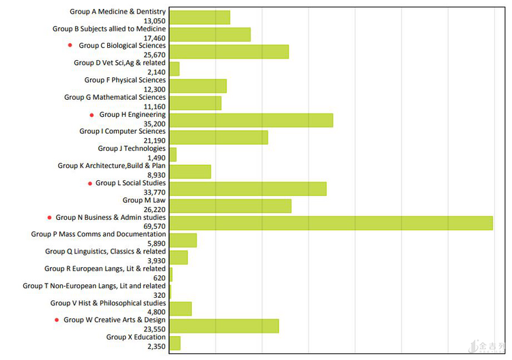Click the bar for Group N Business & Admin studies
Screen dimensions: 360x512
(x=331, y=223)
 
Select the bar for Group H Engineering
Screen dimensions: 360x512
(x=251, y=120)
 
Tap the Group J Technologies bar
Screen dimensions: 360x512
(x=173, y=154)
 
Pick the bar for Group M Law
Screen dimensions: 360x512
(x=230, y=206)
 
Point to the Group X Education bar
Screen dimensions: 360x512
(x=175, y=343)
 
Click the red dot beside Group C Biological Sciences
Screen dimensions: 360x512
(x=70, y=46)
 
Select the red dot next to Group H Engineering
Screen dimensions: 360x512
(x=91, y=115)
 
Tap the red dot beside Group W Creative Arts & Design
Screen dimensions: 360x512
(x=57, y=320)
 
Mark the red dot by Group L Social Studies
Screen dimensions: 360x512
(x=89, y=183)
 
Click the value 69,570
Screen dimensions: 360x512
(x=156, y=226)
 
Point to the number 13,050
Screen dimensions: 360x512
(x=156, y=20)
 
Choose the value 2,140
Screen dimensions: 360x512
(x=156, y=72)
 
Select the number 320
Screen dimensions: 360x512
(x=159, y=295)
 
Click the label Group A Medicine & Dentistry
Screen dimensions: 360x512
(x=117, y=12)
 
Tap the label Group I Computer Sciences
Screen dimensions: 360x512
(x=122, y=131)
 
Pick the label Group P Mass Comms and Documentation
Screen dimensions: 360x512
(x=98, y=234)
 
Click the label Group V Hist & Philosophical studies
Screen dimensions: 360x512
(x=108, y=303)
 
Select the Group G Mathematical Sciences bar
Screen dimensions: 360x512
(x=195, y=103)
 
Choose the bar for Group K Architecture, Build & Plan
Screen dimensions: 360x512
(x=190, y=171)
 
